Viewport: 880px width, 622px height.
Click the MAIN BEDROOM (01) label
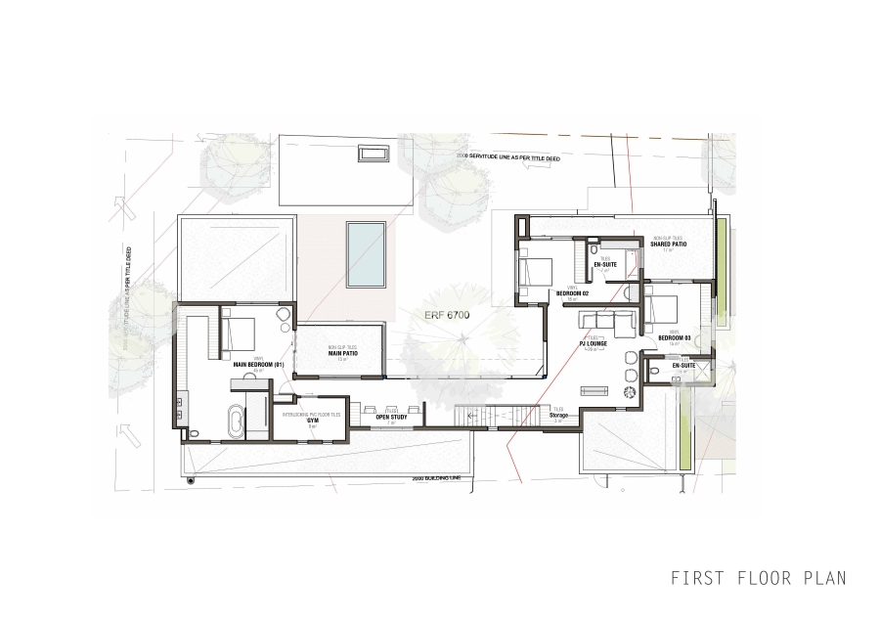pos(258,365)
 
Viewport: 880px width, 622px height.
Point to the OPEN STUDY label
pos(390,417)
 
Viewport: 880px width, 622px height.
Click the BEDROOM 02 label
pos(572,292)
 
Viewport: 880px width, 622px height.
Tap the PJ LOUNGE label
pos(594,344)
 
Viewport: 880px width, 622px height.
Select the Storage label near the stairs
pos(558,415)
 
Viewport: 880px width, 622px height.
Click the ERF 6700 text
pos(441,316)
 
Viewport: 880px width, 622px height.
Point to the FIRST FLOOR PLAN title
pos(758,578)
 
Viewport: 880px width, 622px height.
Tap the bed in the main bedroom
pos(238,332)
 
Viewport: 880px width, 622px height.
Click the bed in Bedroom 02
pos(537,270)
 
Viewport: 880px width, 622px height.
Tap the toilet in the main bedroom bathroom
pos(194,431)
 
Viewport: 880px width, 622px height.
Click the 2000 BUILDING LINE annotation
pos(436,478)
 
